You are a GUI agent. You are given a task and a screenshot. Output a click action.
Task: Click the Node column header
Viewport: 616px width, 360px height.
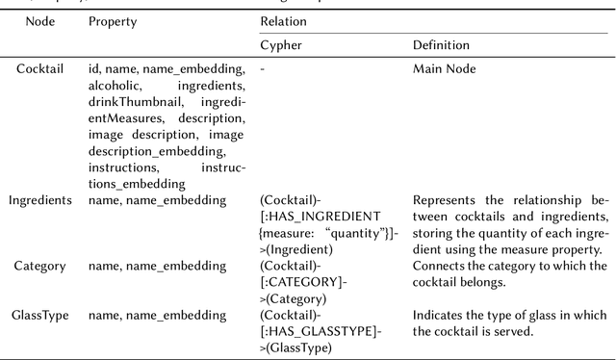click(x=39, y=21)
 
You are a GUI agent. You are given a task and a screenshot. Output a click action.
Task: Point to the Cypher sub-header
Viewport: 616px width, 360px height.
click(x=282, y=45)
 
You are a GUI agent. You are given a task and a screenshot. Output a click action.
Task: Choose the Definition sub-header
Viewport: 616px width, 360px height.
click(x=442, y=45)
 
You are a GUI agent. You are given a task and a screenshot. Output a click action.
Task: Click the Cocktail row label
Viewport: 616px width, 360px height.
click(x=39, y=69)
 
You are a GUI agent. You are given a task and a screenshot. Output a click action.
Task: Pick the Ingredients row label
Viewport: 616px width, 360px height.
click(x=39, y=200)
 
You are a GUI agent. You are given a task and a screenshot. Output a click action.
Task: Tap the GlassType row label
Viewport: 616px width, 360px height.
click(x=39, y=315)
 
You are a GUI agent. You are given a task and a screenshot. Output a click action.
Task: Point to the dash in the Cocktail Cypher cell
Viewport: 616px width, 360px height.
click(x=263, y=69)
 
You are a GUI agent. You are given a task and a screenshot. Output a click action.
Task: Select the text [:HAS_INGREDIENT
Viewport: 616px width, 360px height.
click(x=321, y=217)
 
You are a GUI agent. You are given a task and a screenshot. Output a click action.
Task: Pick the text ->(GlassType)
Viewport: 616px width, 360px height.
click(x=296, y=347)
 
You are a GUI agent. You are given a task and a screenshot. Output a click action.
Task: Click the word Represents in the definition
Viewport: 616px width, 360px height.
click(x=445, y=200)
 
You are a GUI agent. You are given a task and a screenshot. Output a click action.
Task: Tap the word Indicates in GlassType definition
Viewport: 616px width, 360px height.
click(x=440, y=315)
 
